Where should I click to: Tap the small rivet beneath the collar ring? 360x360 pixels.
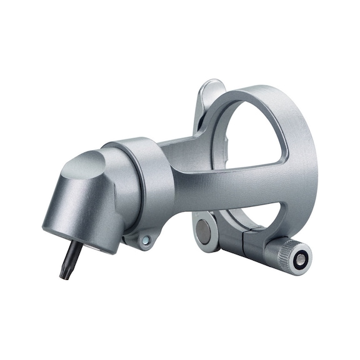[x=146, y=240]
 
